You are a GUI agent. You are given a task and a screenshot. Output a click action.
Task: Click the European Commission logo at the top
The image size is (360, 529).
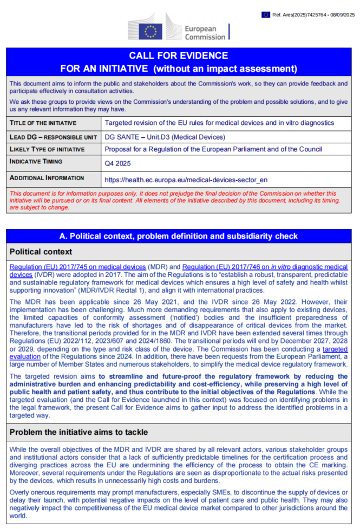(178, 29)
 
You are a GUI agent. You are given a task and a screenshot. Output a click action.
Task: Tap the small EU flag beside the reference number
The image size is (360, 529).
(265, 15)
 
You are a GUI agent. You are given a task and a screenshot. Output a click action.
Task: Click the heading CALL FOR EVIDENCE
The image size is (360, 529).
(178, 56)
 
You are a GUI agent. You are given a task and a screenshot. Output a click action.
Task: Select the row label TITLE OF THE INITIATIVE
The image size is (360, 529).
(43, 123)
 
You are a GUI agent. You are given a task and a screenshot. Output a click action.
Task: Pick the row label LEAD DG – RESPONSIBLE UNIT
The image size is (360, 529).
(49, 137)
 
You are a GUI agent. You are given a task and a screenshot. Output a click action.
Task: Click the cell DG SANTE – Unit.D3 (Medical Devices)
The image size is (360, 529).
(165, 137)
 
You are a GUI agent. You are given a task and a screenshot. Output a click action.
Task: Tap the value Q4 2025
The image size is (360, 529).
(117, 162)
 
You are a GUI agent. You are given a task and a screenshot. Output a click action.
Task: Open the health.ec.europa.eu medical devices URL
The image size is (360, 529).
(186, 179)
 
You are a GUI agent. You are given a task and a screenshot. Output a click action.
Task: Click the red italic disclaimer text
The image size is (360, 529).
(178, 200)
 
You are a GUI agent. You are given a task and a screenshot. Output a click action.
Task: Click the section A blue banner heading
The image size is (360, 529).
(178, 236)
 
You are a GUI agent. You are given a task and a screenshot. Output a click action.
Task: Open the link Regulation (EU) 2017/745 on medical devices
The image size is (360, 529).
(77, 267)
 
